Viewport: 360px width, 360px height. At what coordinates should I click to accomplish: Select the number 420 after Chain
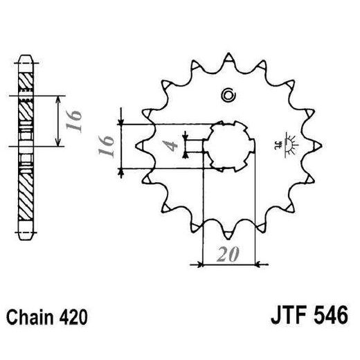pyautogui.click(x=74, y=318)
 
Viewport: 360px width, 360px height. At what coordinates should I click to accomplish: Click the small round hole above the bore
pyautogui.click(x=227, y=96)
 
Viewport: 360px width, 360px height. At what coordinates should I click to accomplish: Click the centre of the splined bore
pyautogui.click(x=228, y=145)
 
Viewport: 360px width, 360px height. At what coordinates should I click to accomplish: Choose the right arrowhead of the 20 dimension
pyautogui.click(x=255, y=264)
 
